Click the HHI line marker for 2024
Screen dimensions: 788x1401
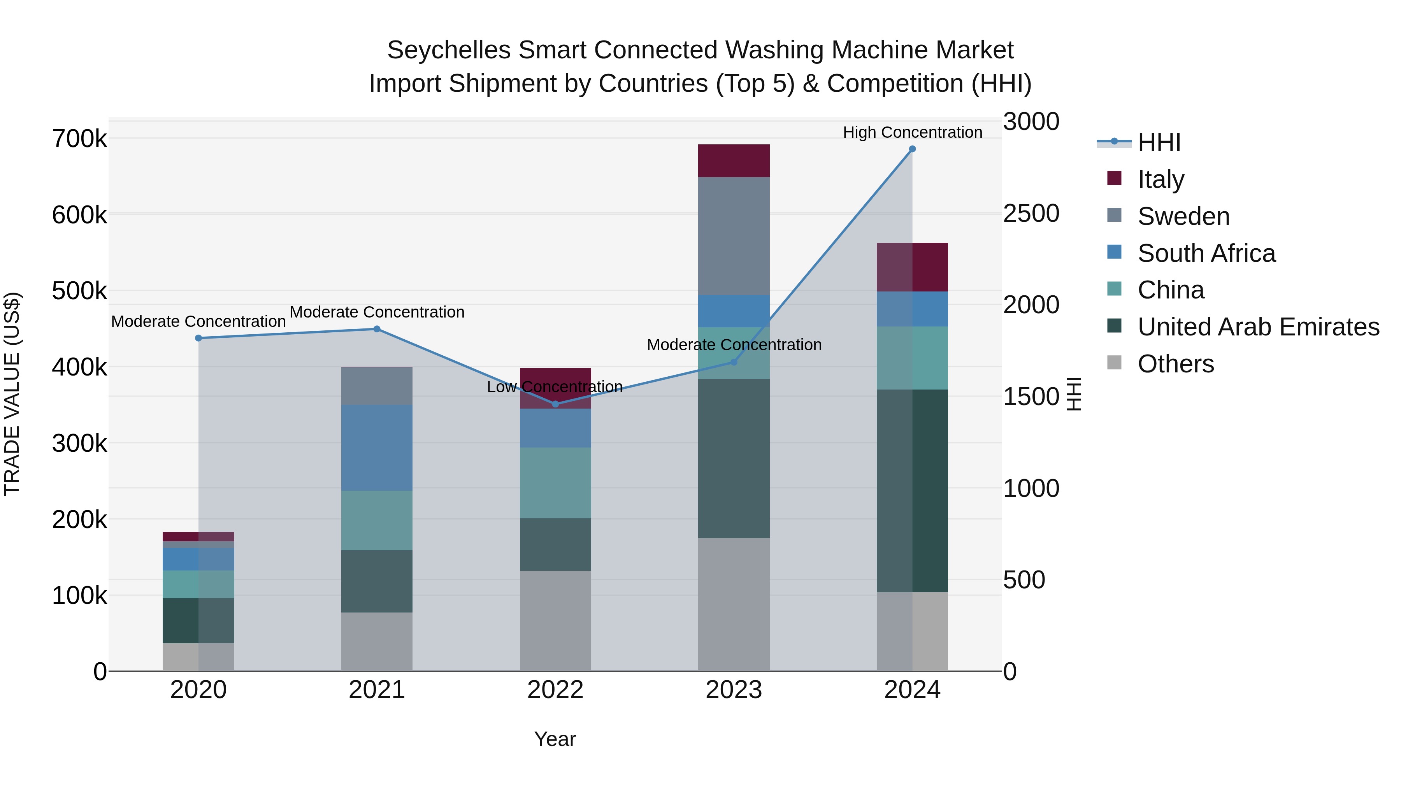[912, 149]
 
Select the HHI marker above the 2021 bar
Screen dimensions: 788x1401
[377, 329]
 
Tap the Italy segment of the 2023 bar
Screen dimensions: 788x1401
[734, 161]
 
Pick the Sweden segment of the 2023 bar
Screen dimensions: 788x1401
[734, 236]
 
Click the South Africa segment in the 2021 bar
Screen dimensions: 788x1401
[377, 448]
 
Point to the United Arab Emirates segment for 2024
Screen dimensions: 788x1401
[912, 491]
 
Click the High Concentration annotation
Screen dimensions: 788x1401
[912, 133]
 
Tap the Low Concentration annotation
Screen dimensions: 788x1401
[554, 387]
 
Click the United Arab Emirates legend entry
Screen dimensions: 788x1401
[1258, 327]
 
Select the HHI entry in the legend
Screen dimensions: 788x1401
[1159, 142]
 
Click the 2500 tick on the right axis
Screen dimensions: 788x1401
[1031, 214]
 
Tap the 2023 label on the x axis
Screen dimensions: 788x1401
[734, 690]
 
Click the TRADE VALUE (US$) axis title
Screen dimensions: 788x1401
[12, 394]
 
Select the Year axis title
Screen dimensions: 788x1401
[555, 739]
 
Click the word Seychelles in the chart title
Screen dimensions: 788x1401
[449, 50]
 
